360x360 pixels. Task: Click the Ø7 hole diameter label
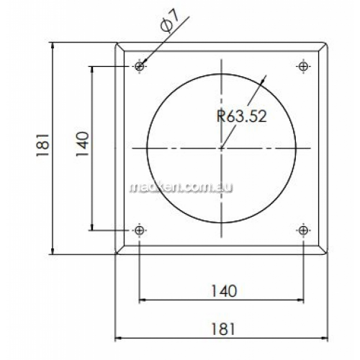click(170, 22)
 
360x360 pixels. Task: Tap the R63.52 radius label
click(242, 116)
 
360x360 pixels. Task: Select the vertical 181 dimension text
click(42, 145)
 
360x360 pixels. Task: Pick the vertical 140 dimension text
click(83, 144)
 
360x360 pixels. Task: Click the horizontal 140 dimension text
click(224, 291)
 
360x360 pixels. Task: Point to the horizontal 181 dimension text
click(222, 329)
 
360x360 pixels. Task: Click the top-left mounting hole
click(140, 66)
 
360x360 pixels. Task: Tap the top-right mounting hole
click(304, 66)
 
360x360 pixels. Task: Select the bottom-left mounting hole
click(140, 230)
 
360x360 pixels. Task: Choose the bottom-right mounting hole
click(304, 230)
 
